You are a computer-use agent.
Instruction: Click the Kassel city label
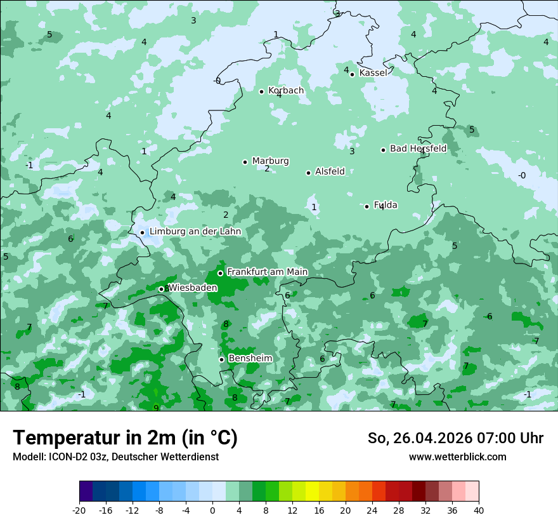[373, 73]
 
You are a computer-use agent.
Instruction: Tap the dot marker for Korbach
[261, 91]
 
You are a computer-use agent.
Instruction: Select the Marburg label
[270, 161]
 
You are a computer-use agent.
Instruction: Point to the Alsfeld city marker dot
[308, 173]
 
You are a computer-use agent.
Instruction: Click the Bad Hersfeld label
[418, 149]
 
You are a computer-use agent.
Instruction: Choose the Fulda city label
[386, 205]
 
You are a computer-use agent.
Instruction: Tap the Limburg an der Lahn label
[195, 232]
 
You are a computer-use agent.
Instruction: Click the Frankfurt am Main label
[267, 272]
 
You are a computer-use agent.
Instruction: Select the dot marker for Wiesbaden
[161, 289]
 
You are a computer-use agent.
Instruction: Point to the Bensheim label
[250, 358]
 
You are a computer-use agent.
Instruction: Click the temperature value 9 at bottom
[156, 408]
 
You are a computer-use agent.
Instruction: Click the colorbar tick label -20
[79, 510]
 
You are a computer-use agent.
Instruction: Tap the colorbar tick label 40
[478, 510]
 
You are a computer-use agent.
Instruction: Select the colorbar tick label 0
[212, 510]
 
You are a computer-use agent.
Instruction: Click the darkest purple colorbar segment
[86, 491]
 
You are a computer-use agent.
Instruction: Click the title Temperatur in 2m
[125, 437]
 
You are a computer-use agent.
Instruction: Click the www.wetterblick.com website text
[457, 457]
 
